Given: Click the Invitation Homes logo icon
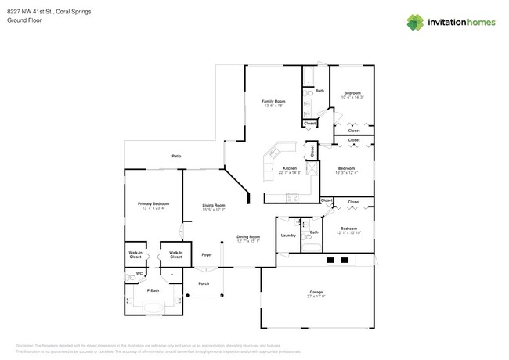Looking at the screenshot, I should point(415,22).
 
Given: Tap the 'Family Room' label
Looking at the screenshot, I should point(273,101).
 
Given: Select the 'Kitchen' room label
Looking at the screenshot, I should point(290,168).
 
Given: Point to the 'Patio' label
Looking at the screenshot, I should point(177,157).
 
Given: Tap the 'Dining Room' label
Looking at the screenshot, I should point(249,236).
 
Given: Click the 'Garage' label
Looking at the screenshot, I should point(316,292).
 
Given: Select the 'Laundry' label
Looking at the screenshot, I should point(288,235).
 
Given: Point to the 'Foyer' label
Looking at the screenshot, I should point(207,254).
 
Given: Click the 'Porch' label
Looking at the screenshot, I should point(204,283).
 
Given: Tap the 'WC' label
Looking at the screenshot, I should point(139,273).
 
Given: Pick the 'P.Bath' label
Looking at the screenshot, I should point(153,290).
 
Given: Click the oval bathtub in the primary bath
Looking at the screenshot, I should point(148,306).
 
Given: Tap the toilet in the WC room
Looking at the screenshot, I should point(130,276).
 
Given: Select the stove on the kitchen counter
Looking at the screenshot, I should point(292,196).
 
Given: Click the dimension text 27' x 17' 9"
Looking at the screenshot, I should point(316,297).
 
